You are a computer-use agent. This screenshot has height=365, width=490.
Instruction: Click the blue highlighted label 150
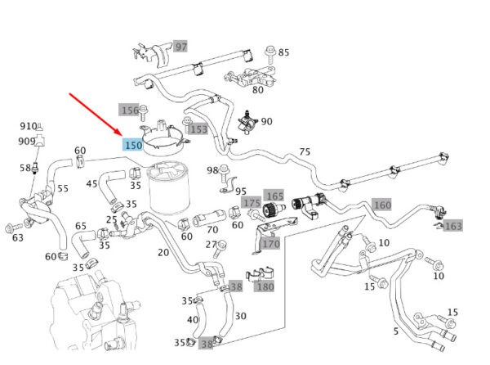[x=132, y=145]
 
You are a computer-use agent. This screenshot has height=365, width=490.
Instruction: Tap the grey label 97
[x=180, y=47]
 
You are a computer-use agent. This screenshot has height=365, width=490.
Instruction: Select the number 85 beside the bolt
[x=283, y=52]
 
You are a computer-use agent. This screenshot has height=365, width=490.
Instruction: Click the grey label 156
[x=130, y=110]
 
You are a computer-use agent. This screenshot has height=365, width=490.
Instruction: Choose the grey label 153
[x=198, y=129]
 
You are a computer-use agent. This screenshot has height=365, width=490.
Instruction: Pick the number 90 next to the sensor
[x=267, y=121]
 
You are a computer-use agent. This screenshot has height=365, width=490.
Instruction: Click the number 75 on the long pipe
[x=305, y=151]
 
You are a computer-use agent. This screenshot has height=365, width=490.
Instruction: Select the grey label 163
[x=453, y=225]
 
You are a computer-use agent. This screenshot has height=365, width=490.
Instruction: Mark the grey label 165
[x=274, y=196]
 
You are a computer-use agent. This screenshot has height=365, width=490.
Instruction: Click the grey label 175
[x=252, y=202]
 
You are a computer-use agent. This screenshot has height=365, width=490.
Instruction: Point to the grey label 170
[x=270, y=243]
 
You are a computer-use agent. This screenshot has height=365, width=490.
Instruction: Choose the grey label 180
[x=265, y=286]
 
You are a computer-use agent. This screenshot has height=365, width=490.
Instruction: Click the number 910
[x=29, y=126]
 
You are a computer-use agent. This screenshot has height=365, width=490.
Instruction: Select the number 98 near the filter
[x=212, y=170]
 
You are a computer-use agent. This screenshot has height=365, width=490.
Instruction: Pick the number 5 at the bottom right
[x=396, y=331]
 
